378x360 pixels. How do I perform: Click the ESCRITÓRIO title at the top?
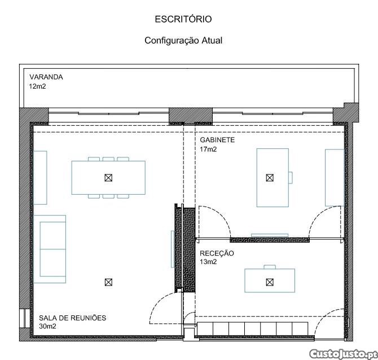tap(183, 19)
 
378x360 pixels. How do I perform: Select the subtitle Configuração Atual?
tap(183, 40)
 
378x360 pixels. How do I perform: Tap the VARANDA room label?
tap(46, 77)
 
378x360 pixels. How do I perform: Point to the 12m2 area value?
tap(37, 86)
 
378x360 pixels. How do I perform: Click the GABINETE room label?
tap(217, 140)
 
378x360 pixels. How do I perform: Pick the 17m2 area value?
tap(208, 150)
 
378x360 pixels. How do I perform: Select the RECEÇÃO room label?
tap(217, 253)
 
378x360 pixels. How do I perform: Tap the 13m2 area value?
tap(208, 262)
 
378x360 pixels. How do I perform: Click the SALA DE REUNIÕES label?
tap(73, 318)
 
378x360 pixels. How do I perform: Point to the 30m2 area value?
tap(47, 326)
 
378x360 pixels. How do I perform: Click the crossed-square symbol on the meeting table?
tap(108, 178)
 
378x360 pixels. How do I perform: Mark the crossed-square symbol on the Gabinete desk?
tap(270, 178)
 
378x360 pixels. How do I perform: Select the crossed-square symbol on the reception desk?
tap(270, 282)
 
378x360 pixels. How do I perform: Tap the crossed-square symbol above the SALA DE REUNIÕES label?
tap(108, 282)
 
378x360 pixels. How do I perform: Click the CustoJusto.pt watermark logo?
tap(343, 354)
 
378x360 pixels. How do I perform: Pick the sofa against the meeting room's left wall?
tap(50, 249)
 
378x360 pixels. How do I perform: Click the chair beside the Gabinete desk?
tap(291, 178)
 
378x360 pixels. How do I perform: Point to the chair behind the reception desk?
tap(270, 267)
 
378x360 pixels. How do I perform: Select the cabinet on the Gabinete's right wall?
tap(335, 178)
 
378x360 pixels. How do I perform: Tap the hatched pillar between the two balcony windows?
tap(191, 116)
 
